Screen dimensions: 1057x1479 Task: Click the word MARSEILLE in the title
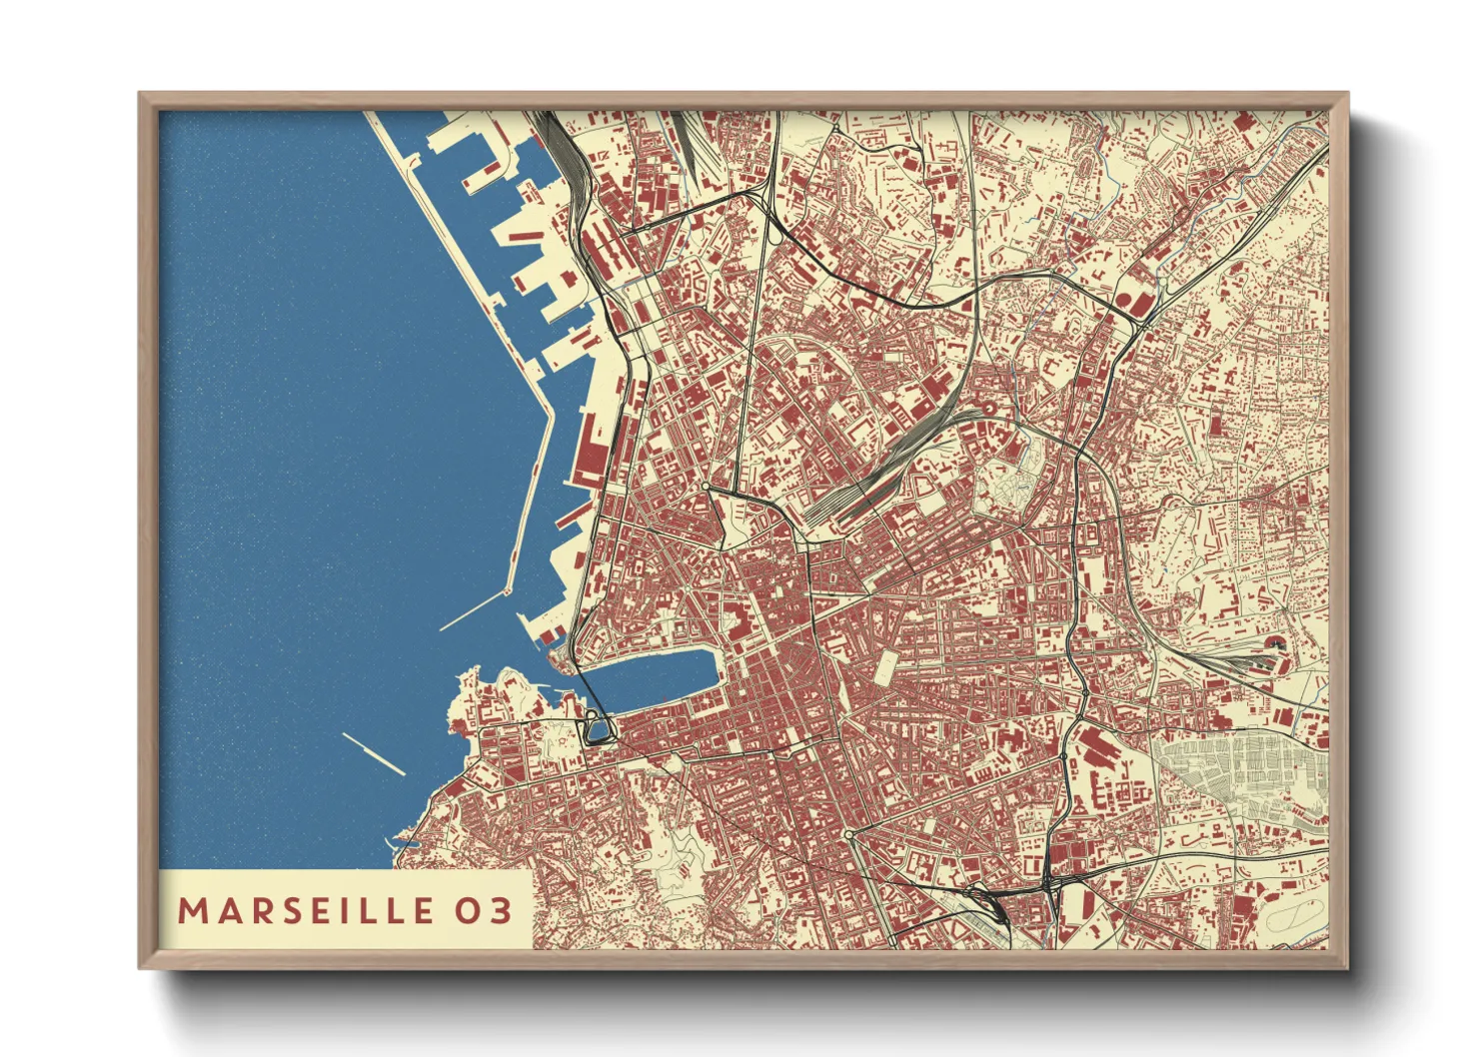coord(306,910)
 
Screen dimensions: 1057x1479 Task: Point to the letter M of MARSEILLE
coord(190,910)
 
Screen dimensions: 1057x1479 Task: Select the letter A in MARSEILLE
coord(222,910)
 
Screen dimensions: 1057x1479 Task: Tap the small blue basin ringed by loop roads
coord(598,732)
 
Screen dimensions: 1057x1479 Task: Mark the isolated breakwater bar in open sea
coord(373,753)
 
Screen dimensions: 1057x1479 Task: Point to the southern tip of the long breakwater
coord(507,591)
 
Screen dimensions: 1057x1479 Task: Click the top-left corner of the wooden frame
coord(141,95)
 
